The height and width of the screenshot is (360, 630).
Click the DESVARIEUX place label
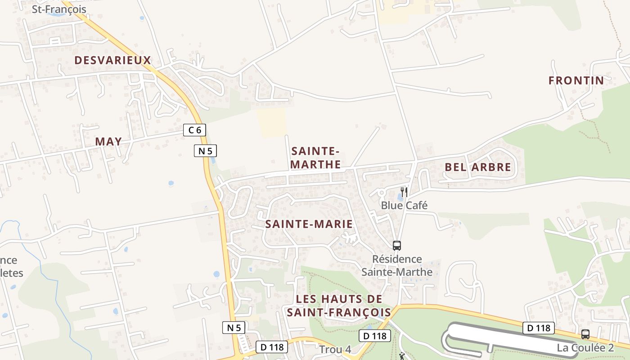pos(112,60)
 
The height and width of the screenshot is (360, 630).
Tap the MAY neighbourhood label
pos(108,141)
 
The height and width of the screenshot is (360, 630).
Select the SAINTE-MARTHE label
pos(315,157)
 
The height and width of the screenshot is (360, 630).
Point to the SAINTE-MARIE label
pos(309,224)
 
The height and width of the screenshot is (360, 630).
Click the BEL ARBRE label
pos(478,167)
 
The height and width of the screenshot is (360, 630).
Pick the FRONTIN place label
pos(576,81)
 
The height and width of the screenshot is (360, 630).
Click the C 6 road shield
pos(195,130)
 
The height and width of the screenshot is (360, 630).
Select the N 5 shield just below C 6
pos(205,151)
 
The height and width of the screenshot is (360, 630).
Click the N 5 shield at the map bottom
pos(234,328)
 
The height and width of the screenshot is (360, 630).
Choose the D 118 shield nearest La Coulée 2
pos(538,328)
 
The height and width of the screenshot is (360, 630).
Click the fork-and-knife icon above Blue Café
pos(404,192)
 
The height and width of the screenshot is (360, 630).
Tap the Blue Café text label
pos(404,205)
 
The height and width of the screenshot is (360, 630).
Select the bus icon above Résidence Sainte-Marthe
pos(396,245)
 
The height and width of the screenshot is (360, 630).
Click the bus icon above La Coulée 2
pos(585,334)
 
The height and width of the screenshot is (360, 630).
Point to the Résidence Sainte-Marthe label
pos(397,265)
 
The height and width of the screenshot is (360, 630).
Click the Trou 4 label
pos(335,350)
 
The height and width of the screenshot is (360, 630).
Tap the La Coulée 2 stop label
pos(585,347)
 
